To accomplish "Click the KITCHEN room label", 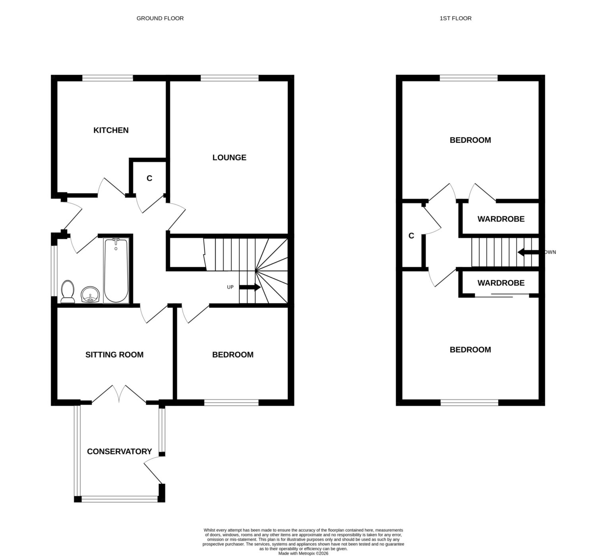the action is point(111,130).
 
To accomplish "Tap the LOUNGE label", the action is point(229,157).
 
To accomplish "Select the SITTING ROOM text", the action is point(114,355).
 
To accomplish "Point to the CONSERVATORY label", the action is point(119,451).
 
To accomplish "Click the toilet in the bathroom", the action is point(67,291).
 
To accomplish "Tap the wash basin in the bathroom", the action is point(90,294).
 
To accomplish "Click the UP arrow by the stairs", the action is point(250,287).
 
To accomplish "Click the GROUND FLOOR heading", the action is point(160,18).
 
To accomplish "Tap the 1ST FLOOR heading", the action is point(456,18).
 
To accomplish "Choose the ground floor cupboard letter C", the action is point(149,178).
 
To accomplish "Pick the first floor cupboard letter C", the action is point(411,236).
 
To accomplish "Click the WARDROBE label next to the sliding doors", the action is point(501,283).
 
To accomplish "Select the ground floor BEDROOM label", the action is point(232,355).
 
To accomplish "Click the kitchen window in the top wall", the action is point(107,78).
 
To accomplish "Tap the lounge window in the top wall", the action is point(230,78).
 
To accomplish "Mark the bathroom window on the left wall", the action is point(54,271).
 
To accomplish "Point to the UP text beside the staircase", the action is point(230,287).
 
